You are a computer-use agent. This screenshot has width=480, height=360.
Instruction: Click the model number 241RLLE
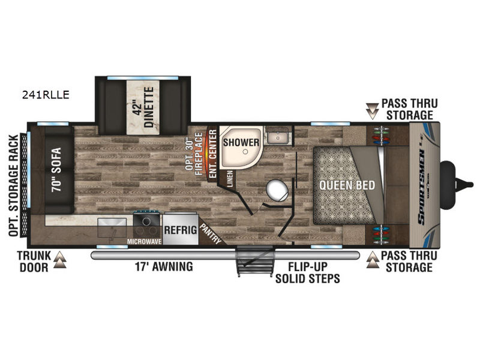46,95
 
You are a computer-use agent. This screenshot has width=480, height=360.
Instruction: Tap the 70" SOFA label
56,169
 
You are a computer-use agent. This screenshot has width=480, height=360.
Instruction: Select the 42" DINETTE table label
143,107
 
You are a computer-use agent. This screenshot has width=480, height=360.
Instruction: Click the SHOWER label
241,142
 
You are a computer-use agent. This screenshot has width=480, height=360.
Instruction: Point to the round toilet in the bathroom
277,190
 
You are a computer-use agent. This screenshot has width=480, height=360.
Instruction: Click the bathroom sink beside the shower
278,135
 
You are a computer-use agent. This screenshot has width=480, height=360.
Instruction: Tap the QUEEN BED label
347,185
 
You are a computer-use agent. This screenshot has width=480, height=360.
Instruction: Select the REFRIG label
181,230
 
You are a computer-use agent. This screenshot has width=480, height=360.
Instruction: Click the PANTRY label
211,234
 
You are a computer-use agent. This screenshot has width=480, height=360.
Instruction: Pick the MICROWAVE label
144,242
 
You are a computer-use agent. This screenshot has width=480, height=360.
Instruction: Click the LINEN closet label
230,178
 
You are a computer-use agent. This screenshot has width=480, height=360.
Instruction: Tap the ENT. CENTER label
213,154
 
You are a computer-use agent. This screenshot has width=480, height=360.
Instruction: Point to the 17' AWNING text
164,266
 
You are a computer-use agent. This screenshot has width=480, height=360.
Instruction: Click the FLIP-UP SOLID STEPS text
308,273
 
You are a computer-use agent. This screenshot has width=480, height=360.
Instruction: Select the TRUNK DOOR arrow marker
59,260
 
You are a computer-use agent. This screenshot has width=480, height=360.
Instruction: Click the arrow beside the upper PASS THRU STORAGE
372,111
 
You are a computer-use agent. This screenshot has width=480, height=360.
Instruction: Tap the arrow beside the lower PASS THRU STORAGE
373,260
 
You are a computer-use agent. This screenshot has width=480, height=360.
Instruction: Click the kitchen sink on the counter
112,228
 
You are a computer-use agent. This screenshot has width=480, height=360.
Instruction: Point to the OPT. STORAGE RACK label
13,186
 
